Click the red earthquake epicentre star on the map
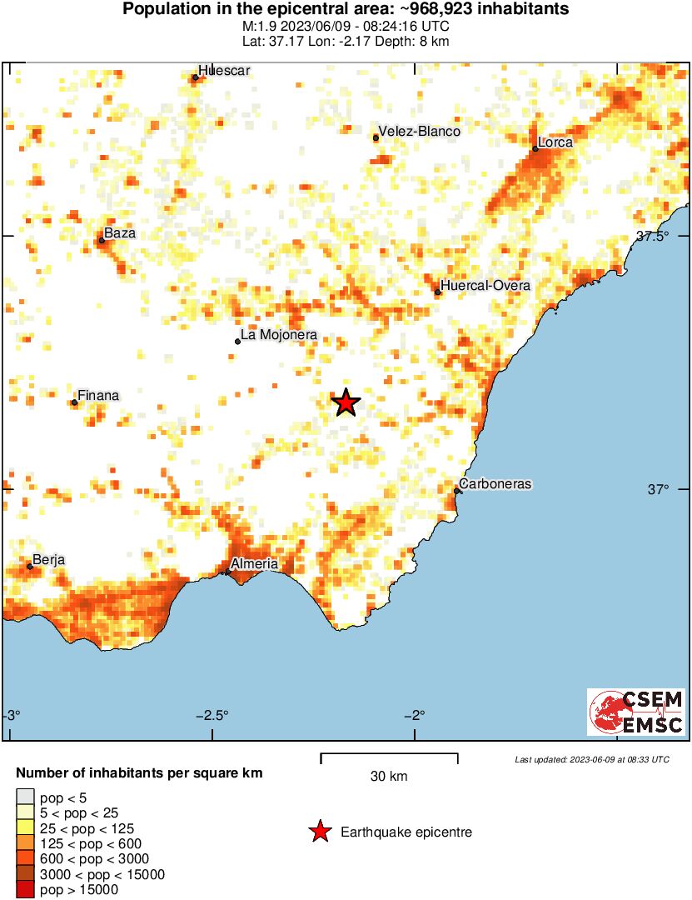click(346, 403)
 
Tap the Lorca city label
click(555, 142)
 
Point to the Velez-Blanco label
click(419, 132)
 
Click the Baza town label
click(119, 234)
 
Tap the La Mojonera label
click(278, 337)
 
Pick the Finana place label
click(97, 396)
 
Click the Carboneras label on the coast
click(495, 484)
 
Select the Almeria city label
click(254, 564)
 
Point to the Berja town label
click(48, 560)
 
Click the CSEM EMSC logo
click(637, 712)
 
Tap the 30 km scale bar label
click(389, 777)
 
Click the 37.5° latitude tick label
click(653, 236)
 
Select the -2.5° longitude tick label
click(214, 715)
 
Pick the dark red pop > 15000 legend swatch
click(25, 890)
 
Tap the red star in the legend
click(319, 832)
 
